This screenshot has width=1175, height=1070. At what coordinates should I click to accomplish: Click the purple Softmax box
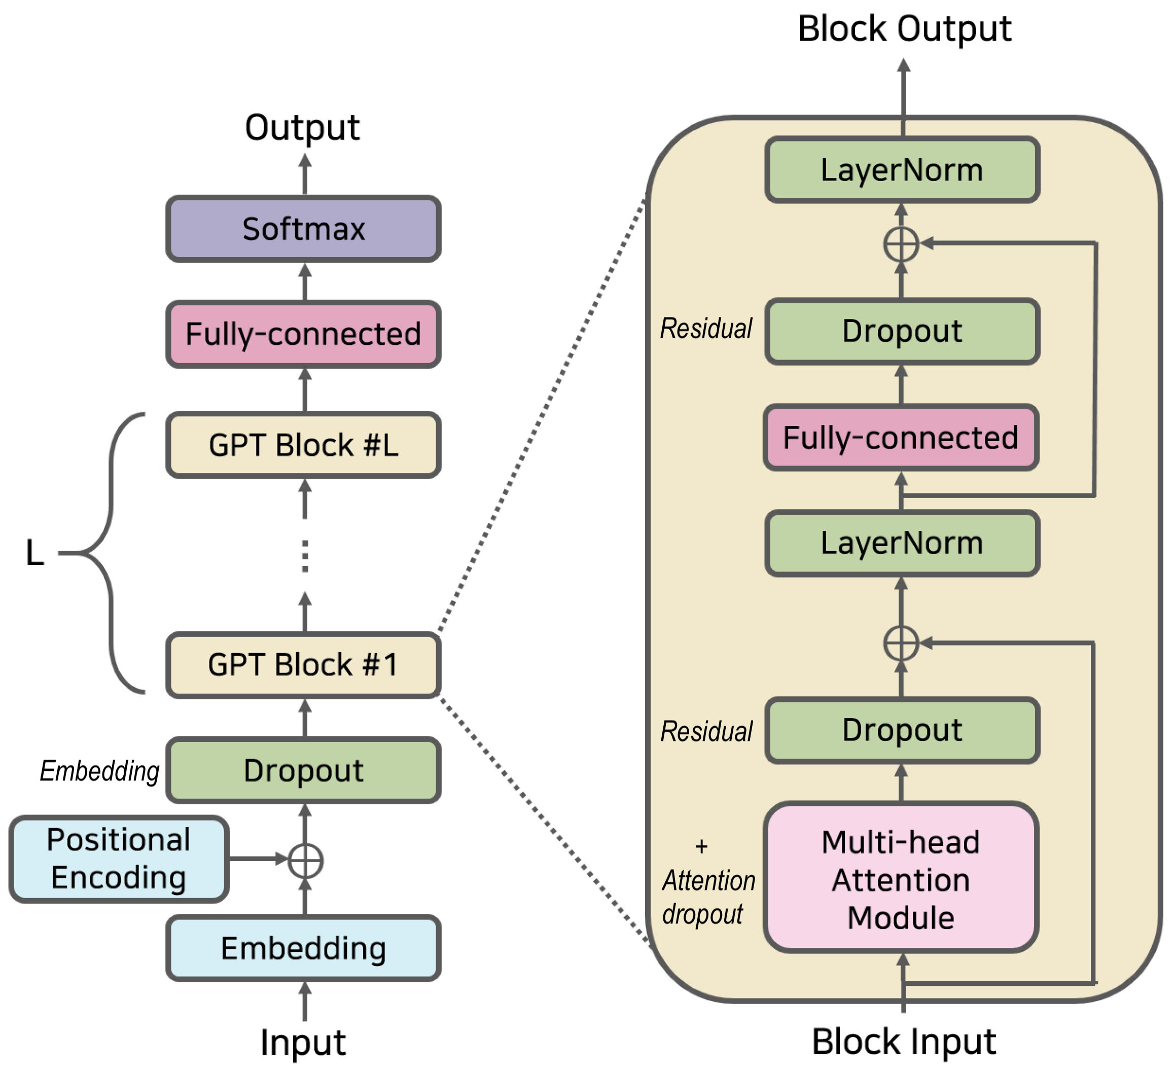pyautogui.click(x=303, y=229)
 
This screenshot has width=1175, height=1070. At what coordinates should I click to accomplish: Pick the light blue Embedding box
pyautogui.click(x=303, y=949)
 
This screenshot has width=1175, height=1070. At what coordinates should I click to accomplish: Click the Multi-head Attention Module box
pyautogui.click(x=901, y=880)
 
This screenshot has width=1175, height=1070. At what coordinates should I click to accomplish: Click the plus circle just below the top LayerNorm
pyautogui.click(x=901, y=244)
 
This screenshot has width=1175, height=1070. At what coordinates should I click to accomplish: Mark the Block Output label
pyautogui.click(x=904, y=29)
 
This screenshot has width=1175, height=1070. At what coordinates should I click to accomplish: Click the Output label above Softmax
pyautogui.click(x=302, y=128)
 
